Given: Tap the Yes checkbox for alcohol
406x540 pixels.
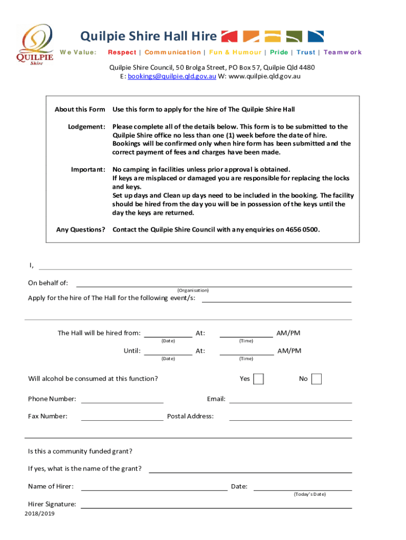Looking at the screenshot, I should (258, 379).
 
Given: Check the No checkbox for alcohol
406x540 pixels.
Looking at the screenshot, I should (316, 379).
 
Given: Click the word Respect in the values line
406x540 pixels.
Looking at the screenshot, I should (122, 52).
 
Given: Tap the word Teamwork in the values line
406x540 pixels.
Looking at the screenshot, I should (343, 52).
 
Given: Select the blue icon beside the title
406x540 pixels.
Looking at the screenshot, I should (315, 36).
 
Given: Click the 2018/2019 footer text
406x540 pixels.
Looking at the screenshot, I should (40, 514).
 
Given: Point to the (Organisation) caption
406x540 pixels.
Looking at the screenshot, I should (193, 291).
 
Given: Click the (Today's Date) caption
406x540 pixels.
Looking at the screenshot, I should (310, 494).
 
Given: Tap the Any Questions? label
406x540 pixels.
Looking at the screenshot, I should (81, 230).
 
